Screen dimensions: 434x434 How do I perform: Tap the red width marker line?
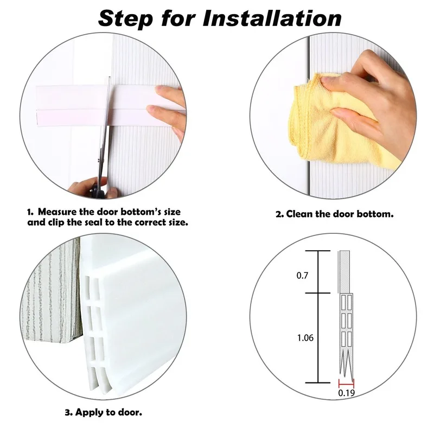point(346,383)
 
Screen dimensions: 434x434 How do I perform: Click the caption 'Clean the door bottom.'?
point(340,214)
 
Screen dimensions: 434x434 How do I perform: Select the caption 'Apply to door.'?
point(108,412)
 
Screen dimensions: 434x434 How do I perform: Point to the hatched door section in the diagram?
point(346,272)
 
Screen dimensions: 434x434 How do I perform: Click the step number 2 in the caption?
point(279,214)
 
